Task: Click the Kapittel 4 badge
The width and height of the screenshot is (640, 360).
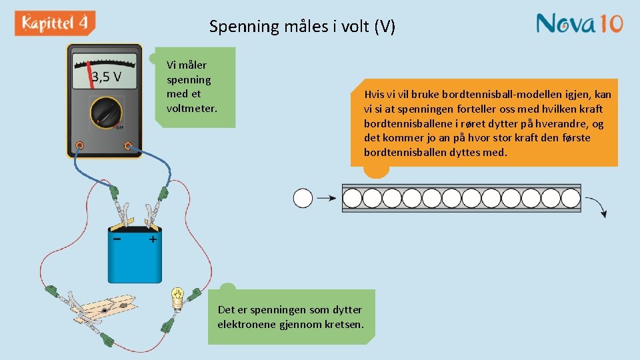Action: click(x=55, y=23)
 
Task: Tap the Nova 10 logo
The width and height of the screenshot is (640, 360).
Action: click(x=579, y=23)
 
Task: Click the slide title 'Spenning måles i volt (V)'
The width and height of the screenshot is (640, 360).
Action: click(x=302, y=27)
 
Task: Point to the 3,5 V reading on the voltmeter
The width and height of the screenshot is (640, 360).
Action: click(x=107, y=77)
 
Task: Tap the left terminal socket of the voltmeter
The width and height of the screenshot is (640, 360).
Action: click(x=79, y=145)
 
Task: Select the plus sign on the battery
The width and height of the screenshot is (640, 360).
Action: click(x=153, y=238)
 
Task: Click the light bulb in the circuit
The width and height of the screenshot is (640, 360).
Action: click(x=178, y=296)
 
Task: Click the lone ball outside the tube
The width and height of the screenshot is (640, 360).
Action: click(x=303, y=198)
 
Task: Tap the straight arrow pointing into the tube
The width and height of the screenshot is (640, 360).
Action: click(x=326, y=198)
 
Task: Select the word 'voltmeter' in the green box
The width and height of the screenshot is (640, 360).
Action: click(x=192, y=108)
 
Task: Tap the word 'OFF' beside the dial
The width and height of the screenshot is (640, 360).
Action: click(x=120, y=127)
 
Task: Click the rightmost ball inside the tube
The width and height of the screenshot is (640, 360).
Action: click(x=571, y=198)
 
